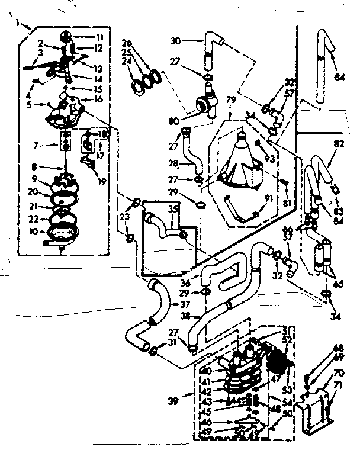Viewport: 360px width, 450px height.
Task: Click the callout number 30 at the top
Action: point(175,41)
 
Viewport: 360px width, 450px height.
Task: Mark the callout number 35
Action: point(173,208)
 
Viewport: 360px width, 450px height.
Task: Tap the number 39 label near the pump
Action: point(172,401)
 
